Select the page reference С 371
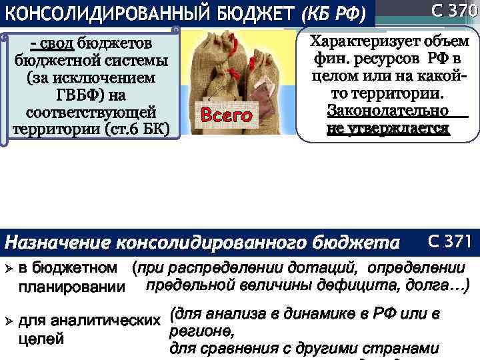[x=450, y=241]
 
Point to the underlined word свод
[x=57, y=44]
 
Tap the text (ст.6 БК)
[x=139, y=127]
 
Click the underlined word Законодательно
[x=387, y=111]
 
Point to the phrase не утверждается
[x=387, y=128]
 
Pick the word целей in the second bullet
[x=41, y=339]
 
